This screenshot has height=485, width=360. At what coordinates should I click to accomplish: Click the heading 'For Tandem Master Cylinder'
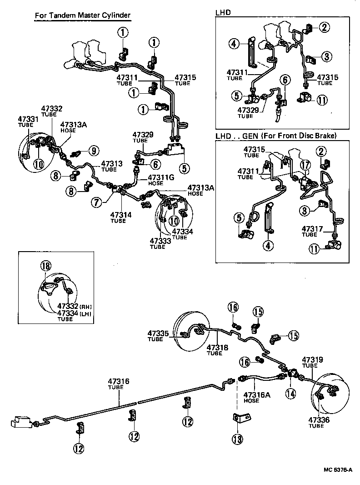[x=83, y=15]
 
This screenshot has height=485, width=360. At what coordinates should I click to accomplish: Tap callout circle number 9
[x=94, y=150]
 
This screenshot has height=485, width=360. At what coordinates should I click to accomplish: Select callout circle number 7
[x=96, y=202]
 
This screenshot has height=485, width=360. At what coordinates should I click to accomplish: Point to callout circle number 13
[x=237, y=439]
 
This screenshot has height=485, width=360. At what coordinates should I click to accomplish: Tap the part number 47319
[x=312, y=359]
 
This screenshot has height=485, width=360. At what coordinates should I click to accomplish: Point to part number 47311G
[x=161, y=177]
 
